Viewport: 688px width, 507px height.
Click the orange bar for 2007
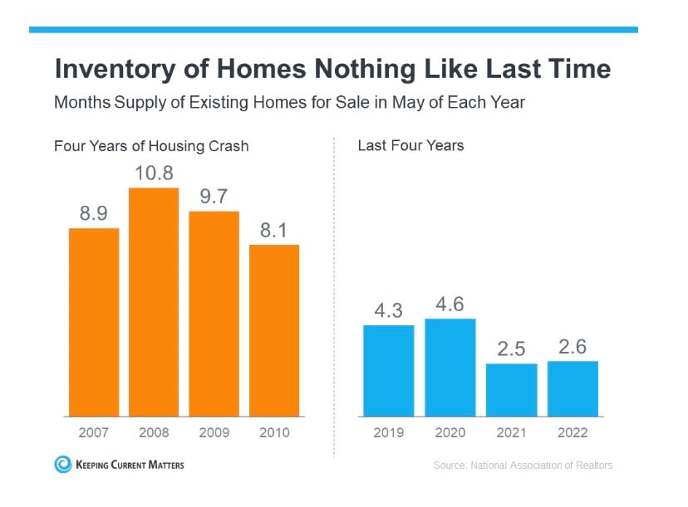coord(93,322)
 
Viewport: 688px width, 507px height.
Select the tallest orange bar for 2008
coord(154,302)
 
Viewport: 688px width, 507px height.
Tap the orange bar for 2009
coord(214,314)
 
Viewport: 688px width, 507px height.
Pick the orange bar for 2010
coord(274,330)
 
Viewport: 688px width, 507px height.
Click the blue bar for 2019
coord(389,370)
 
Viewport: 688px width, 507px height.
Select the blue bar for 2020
coord(450,367)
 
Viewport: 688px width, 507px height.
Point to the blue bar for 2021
coord(511,389)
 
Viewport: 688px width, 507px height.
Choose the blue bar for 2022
coord(573,388)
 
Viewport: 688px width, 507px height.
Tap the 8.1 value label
coord(274,230)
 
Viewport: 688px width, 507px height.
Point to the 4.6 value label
coord(450,304)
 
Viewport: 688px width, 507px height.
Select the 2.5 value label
coord(511,349)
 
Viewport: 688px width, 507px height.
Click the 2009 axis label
coord(214,432)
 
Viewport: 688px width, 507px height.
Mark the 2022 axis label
coord(573,432)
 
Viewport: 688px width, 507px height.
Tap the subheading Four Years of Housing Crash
coord(151,146)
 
